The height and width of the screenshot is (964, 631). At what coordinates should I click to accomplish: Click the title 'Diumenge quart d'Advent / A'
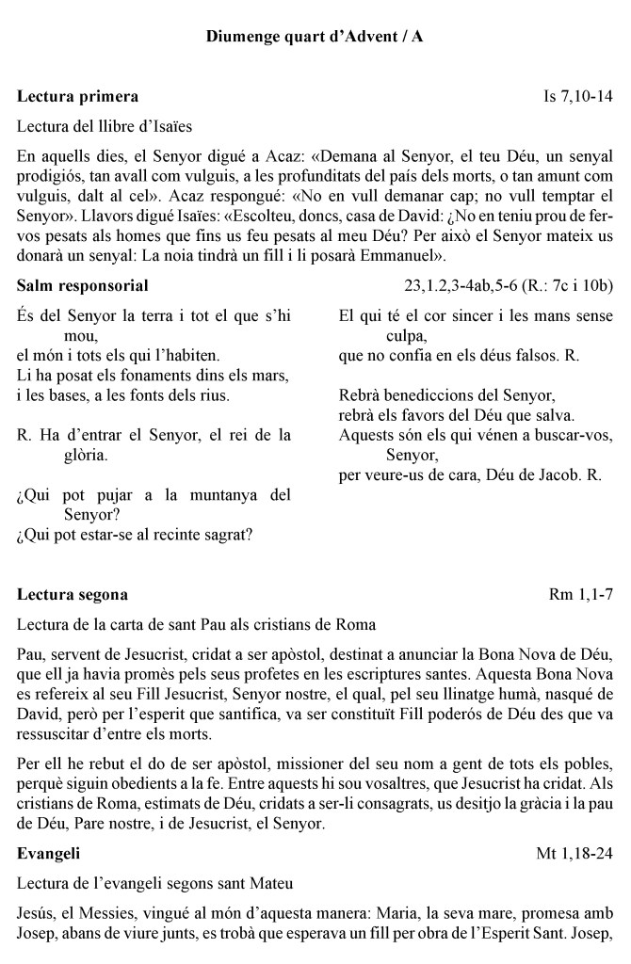tap(315, 39)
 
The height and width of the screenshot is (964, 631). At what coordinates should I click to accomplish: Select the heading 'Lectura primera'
tap(78, 96)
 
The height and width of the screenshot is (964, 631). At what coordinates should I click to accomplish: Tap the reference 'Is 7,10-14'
tap(578, 96)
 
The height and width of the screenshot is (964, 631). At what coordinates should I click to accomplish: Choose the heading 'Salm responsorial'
tap(83, 284)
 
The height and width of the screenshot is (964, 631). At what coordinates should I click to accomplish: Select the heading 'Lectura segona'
tap(73, 595)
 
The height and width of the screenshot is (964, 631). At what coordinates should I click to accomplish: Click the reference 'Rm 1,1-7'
tap(581, 595)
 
